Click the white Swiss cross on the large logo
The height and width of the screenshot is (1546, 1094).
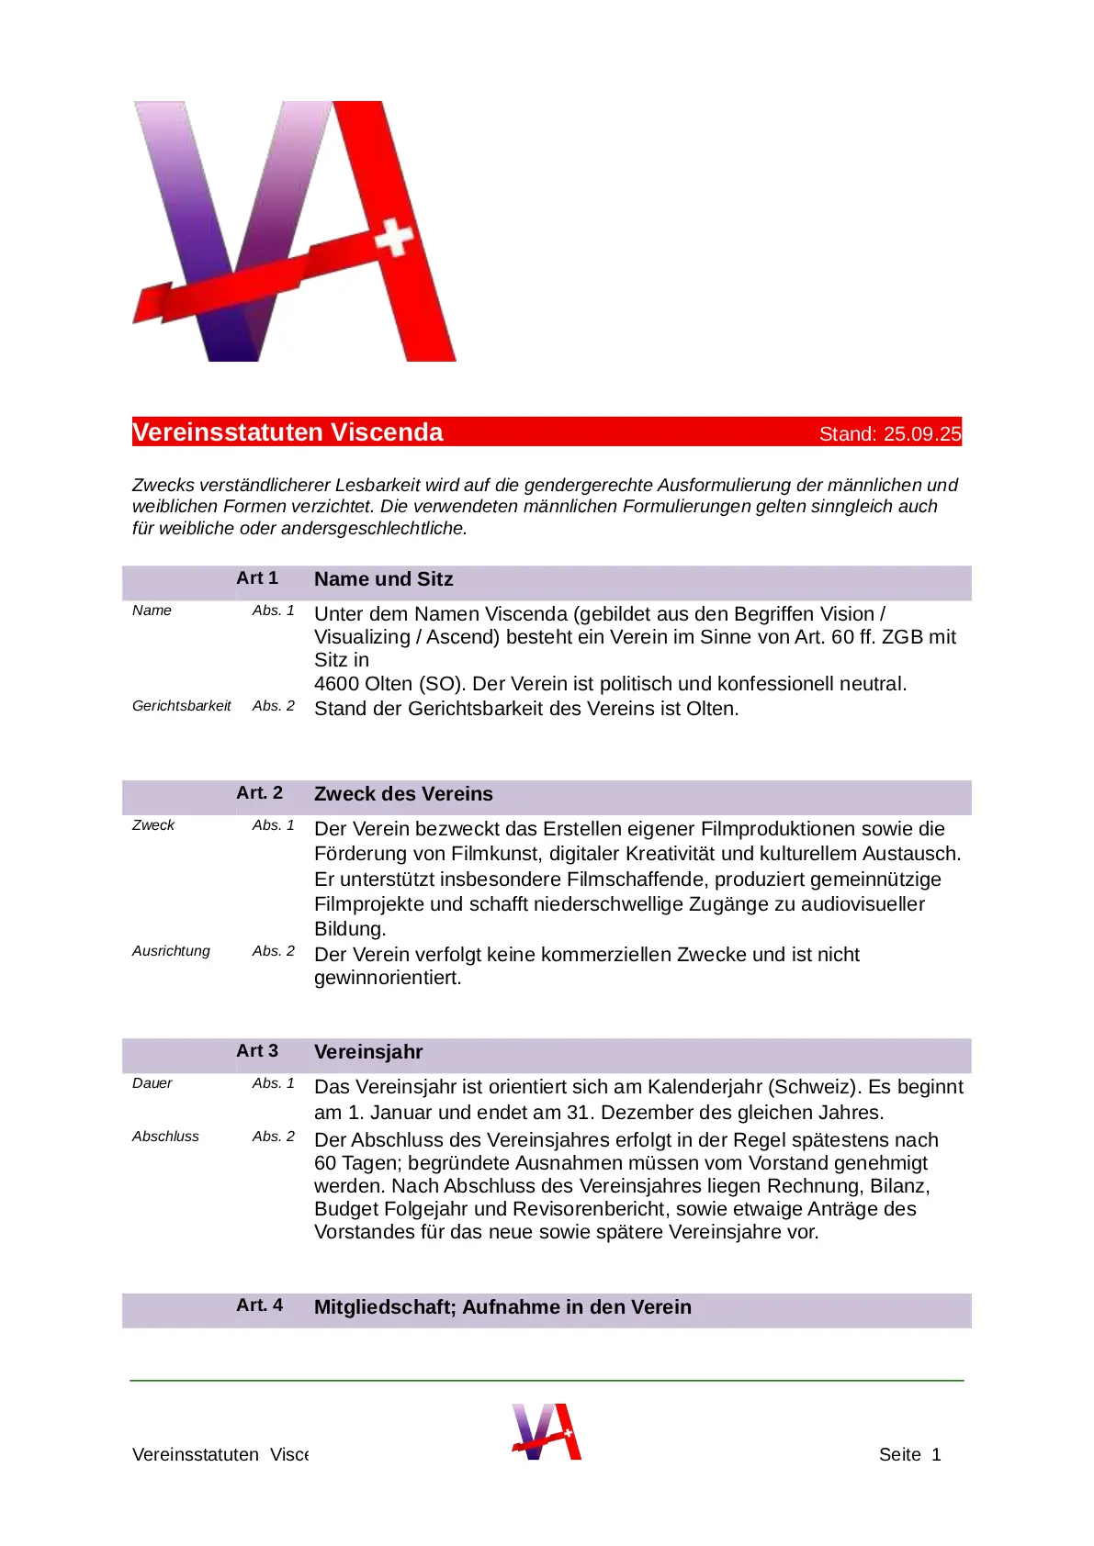pyautogui.click(x=394, y=237)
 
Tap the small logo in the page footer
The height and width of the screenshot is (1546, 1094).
pyautogui.click(x=547, y=1431)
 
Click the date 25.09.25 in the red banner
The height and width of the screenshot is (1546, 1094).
pyautogui.click(x=922, y=434)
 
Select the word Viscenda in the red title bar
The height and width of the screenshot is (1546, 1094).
pyautogui.click(x=386, y=432)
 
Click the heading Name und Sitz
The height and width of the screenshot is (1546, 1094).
pyautogui.click(x=383, y=579)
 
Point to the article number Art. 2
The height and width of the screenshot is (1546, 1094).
pyautogui.click(x=259, y=793)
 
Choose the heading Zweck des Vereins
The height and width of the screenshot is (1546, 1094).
pyautogui.click(x=403, y=794)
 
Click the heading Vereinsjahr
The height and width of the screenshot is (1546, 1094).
pyautogui.click(x=368, y=1052)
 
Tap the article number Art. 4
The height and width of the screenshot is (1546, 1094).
pyautogui.click(x=259, y=1305)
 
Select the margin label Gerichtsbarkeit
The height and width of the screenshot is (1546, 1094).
pyautogui.click(x=181, y=706)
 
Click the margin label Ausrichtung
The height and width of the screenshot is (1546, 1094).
pyautogui.click(x=171, y=951)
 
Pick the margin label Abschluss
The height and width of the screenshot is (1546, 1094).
pyautogui.click(x=165, y=1137)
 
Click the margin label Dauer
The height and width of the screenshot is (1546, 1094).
pyautogui.click(x=152, y=1083)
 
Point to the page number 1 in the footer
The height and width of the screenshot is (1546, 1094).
pyautogui.click(x=936, y=1454)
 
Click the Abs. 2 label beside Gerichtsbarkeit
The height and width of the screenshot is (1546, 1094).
pyautogui.click(x=274, y=706)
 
